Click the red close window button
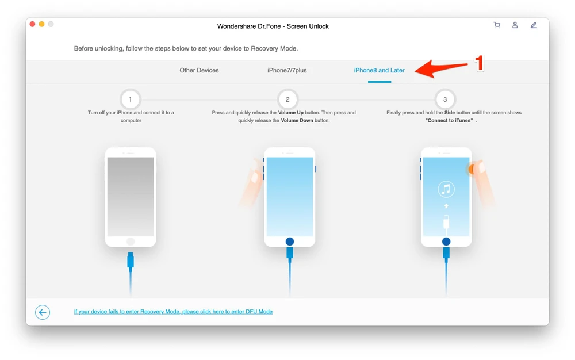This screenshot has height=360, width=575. (32, 24)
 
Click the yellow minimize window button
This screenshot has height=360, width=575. (41, 24)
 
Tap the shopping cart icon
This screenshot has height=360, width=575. (497, 25)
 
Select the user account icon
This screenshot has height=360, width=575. (515, 25)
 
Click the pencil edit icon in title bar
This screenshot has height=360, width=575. (534, 25)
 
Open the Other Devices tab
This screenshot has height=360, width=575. (199, 70)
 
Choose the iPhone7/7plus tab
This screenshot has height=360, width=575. (287, 70)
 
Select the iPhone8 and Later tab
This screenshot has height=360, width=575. (379, 70)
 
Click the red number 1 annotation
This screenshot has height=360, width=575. (478, 63)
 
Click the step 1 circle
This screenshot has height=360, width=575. (131, 99)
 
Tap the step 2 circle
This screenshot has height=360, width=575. (287, 99)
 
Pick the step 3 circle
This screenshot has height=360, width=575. (445, 99)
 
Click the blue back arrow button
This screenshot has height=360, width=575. (43, 312)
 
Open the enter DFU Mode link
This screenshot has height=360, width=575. (173, 312)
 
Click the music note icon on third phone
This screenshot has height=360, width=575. (446, 189)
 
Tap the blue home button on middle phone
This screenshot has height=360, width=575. (290, 242)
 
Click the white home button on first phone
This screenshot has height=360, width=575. (131, 242)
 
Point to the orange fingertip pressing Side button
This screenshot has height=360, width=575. (471, 168)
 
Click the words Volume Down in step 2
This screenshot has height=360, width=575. (297, 121)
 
